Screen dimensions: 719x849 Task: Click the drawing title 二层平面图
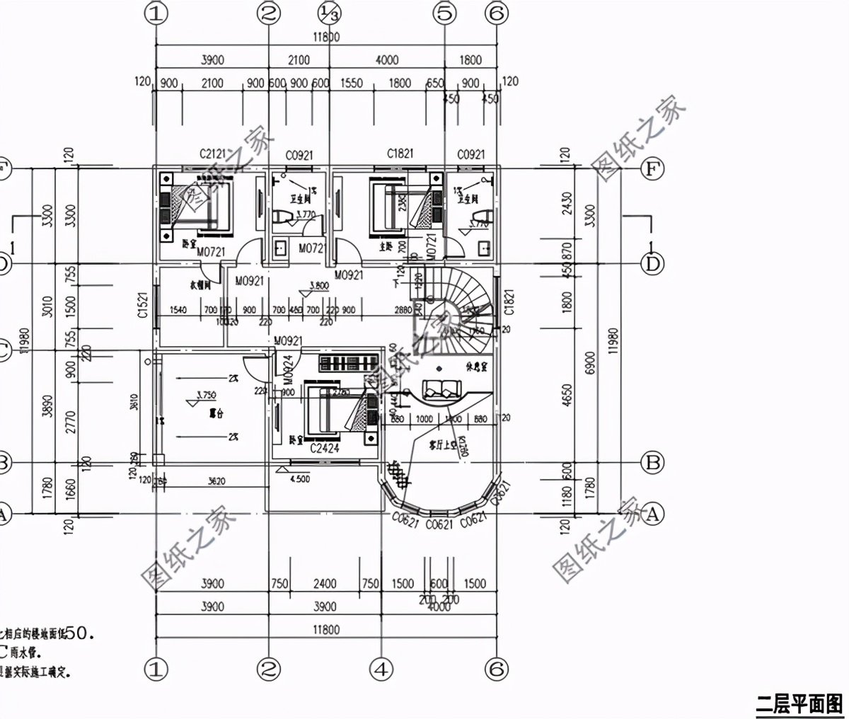(798, 704)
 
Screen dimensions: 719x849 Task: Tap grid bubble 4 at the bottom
(381, 669)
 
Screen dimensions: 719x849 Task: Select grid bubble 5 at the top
(444, 12)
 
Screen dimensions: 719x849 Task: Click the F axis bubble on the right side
(652, 169)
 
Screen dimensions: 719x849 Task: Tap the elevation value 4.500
(300, 478)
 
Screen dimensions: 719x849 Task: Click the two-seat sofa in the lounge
(441, 389)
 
